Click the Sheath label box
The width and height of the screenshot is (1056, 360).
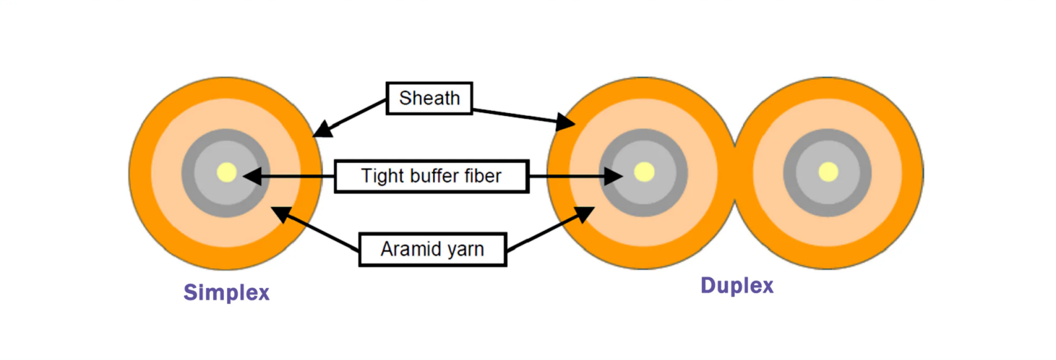(x=429, y=99)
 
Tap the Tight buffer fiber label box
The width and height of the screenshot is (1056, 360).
(x=431, y=176)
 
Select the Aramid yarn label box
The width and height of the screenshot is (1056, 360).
(x=432, y=249)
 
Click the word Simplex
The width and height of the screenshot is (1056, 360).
(x=226, y=292)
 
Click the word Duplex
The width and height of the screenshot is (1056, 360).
(x=737, y=286)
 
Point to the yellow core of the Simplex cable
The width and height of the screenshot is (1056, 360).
(x=226, y=173)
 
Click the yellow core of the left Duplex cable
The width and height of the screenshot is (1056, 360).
(x=644, y=172)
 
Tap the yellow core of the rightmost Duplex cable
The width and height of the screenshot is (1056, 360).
(x=828, y=172)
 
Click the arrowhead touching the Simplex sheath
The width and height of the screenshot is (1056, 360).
(x=322, y=130)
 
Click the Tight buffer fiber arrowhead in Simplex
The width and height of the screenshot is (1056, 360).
(x=252, y=176)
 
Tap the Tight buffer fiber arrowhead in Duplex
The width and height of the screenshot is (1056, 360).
(x=613, y=176)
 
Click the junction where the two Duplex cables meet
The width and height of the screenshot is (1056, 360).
(x=736, y=173)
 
